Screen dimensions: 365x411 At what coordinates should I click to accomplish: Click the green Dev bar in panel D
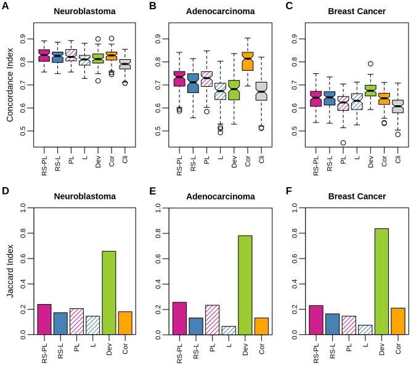tap(108, 292)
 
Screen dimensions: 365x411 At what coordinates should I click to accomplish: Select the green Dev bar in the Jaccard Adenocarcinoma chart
tap(245, 285)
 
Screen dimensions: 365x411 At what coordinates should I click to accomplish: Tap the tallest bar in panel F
tap(381, 281)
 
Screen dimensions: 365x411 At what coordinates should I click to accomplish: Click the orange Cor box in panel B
tap(247, 62)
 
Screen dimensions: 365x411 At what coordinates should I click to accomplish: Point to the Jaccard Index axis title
tap(10, 271)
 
